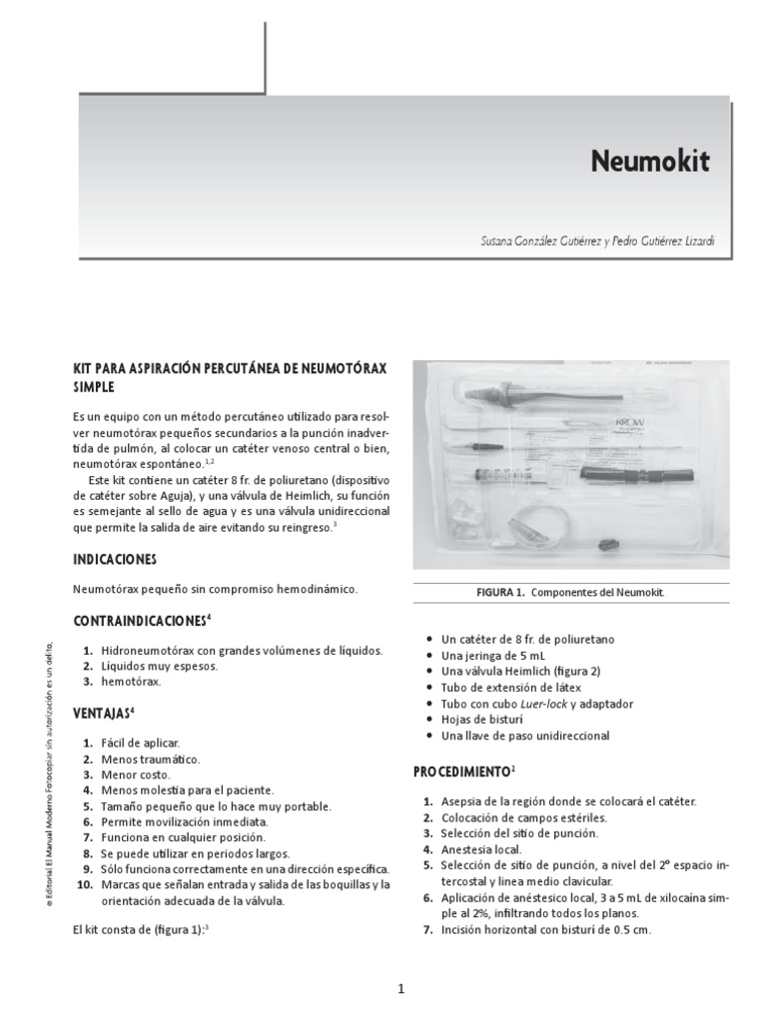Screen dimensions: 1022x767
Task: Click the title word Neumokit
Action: click(x=650, y=162)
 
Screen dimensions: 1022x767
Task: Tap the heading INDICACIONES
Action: click(x=116, y=559)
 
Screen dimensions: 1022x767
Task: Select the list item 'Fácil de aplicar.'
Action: click(x=140, y=744)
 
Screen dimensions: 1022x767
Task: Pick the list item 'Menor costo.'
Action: click(x=135, y=774)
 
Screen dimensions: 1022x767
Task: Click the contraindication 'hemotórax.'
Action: click(x=130, y=682)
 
